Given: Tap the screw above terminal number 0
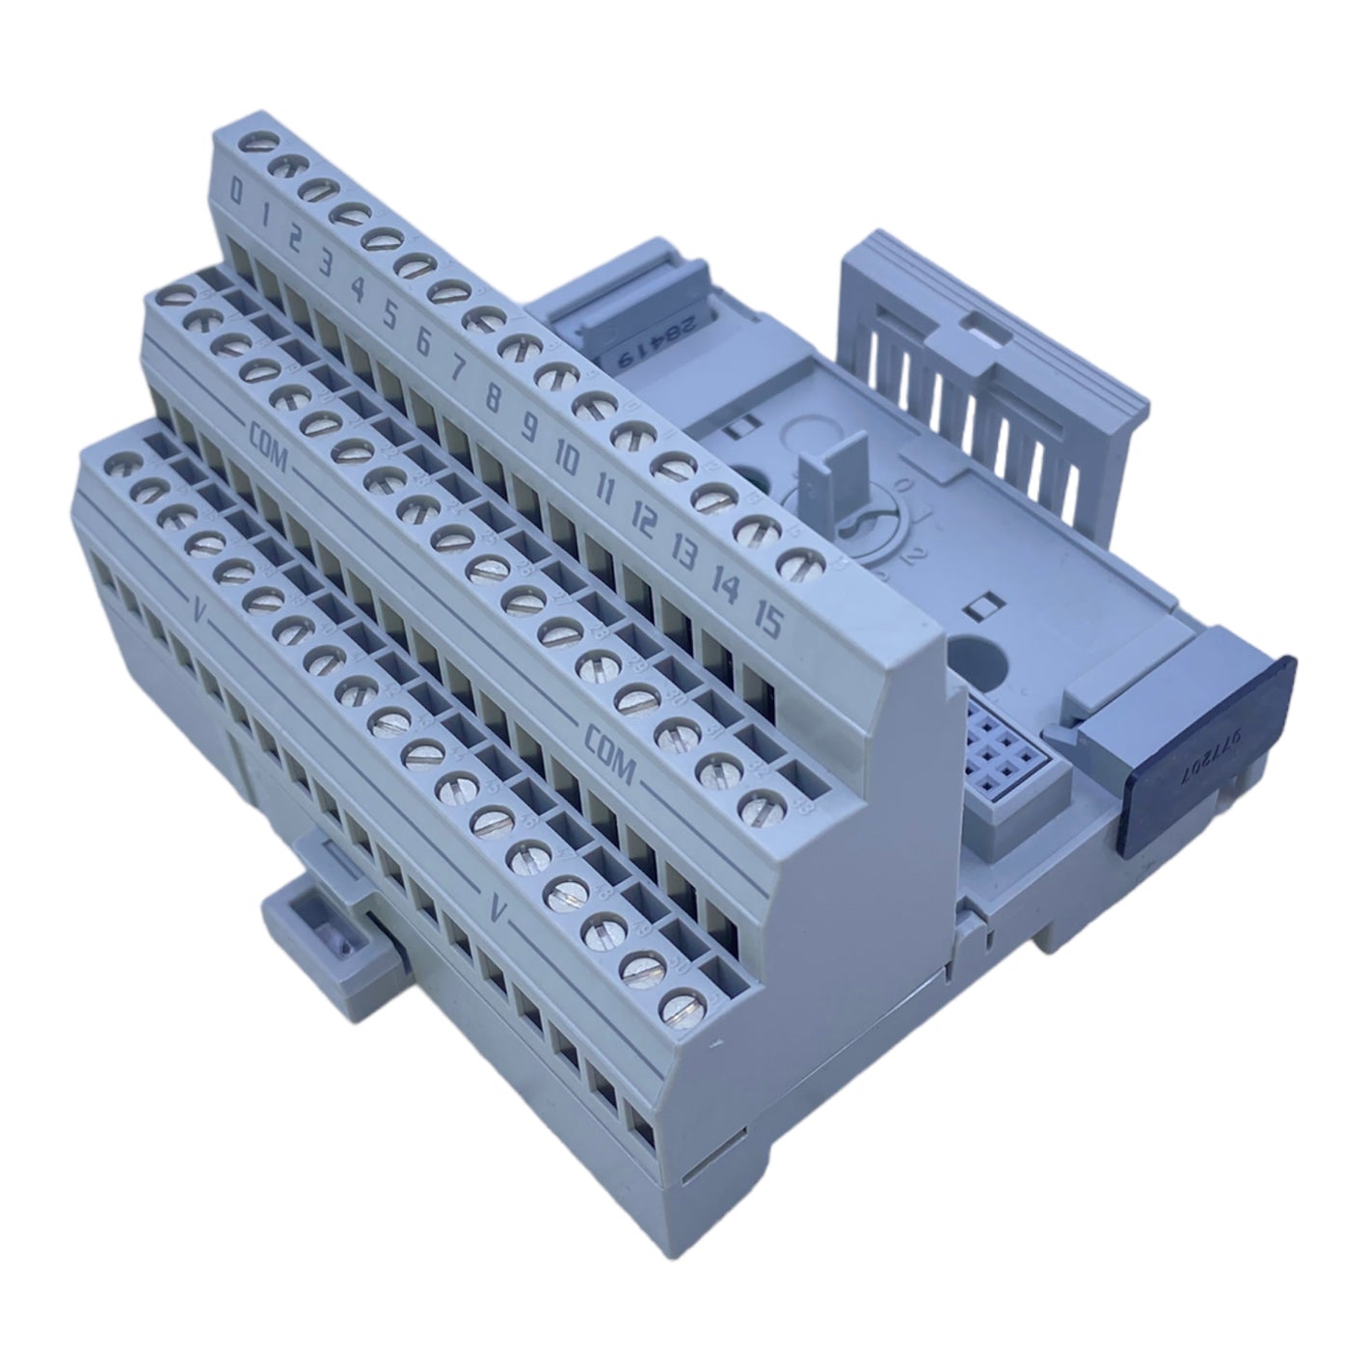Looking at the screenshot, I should [255, 144].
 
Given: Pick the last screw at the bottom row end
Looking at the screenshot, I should [680, 1004].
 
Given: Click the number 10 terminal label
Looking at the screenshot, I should [567, 460].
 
